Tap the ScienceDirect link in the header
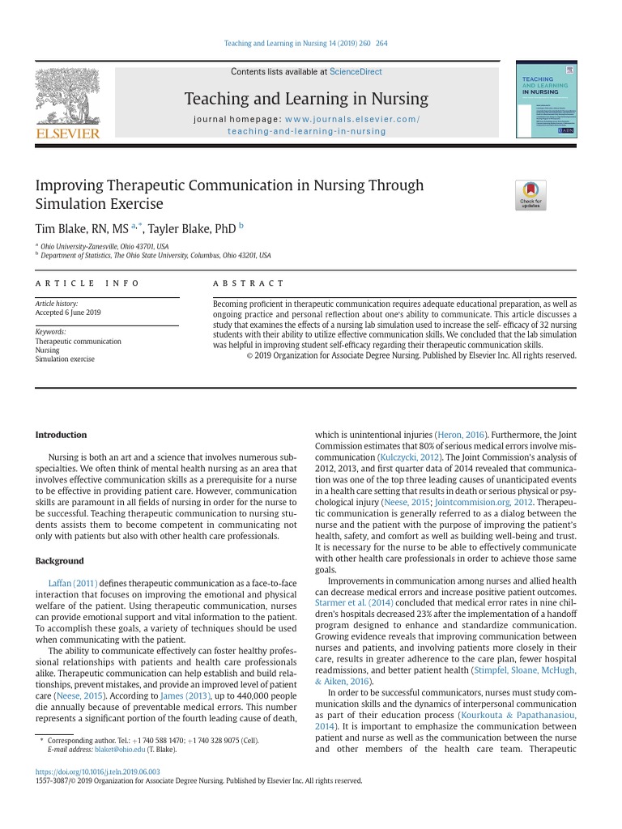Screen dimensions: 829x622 point(356,72)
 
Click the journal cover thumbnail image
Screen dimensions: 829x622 point(546,103)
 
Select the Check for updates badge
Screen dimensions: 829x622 point(530,194)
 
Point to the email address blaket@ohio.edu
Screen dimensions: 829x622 point(119,750)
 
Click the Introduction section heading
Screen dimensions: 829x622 point(61,435)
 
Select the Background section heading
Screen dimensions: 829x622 point(59,561)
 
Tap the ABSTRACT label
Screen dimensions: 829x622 point(248,283)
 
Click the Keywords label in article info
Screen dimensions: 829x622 point(51,332)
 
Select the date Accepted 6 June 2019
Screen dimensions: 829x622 point(68,312)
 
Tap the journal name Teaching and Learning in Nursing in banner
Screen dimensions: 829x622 point(306,99)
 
